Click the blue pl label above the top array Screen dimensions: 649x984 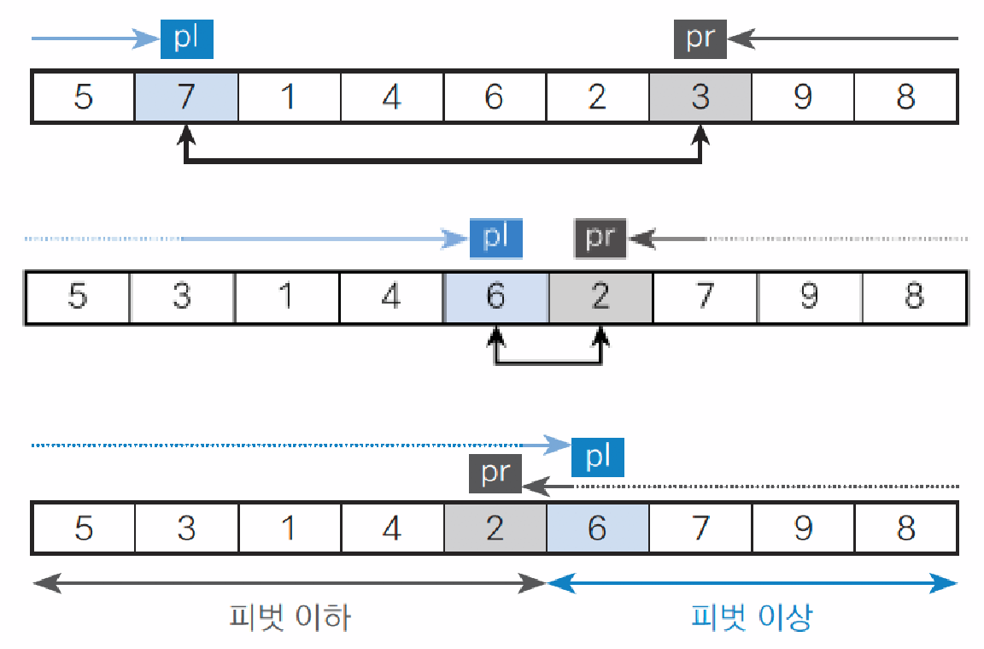point(186,38)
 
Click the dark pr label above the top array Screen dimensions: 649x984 point(700,38)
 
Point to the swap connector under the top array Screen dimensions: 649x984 point(442,161)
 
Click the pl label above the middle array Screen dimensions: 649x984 point(495,238)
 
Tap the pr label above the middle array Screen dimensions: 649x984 point(600,238)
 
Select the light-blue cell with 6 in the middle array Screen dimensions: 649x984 point(495,298)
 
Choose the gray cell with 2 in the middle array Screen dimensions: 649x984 point(600,298)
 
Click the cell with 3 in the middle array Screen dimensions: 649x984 point(182,298)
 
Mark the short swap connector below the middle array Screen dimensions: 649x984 point(548,363)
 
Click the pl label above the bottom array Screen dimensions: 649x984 point(598,457)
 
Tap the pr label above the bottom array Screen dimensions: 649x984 point(495,474)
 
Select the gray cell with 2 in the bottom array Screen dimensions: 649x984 point(495,528)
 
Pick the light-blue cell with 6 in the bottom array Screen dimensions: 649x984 point(597,528)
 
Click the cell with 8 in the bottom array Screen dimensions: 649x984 point(905,528)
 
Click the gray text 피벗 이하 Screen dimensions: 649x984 point(290,617)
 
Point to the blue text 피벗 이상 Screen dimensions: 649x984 point(752,617)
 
